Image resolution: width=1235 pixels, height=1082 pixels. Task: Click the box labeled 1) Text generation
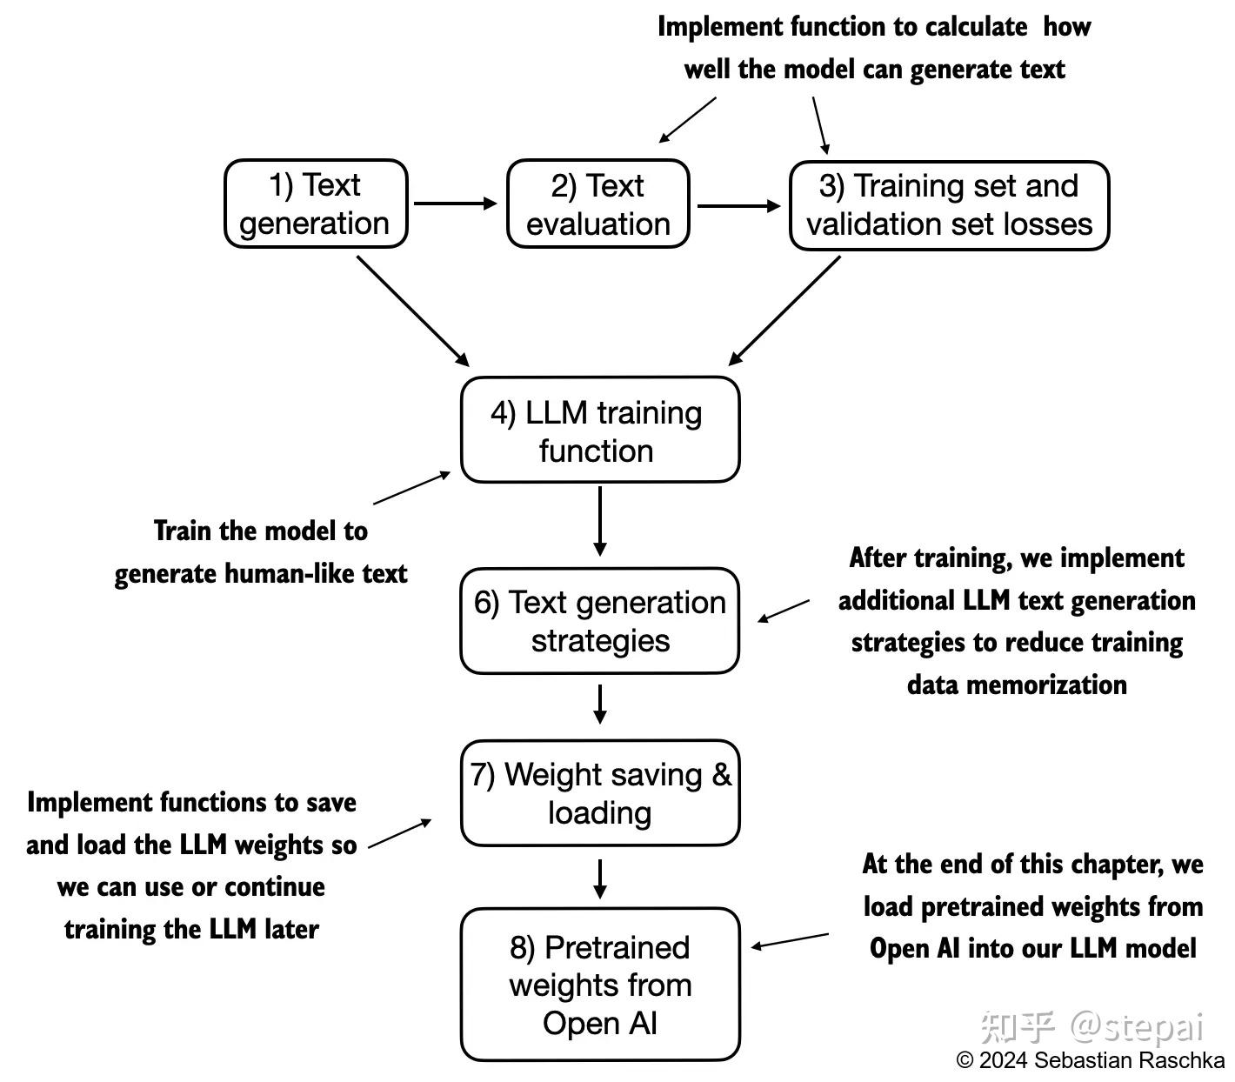pyautogui.click(x=316, y=204)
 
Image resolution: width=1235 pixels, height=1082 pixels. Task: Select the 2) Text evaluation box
pyautogui.click(x=598, y=204)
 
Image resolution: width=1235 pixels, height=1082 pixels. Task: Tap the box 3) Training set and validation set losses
pyautogui.click(x=949, y=205)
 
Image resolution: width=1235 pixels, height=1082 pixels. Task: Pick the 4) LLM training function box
pyautogui.click(x=599, y=430)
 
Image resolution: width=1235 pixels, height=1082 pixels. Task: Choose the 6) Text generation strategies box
pyautogui.click(x=599, y=621)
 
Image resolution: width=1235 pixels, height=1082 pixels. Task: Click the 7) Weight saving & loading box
pyautogui.click(x=599, y=793)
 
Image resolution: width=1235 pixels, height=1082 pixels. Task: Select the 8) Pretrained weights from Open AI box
pyautogui.click(x=599, y=985)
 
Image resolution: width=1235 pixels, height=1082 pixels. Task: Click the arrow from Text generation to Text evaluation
pyautogui.click(x=455, y=204)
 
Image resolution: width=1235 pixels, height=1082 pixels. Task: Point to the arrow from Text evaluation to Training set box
pyautogui.click(x=739, y=206)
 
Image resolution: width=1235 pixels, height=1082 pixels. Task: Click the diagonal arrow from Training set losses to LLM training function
pyautogui.click(x=784, y=311)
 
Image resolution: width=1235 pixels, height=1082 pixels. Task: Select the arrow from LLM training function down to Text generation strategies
pyautogui.click(x=599, y=520)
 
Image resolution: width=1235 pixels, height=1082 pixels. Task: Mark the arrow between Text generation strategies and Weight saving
pyautogui.click(x=599, y=704)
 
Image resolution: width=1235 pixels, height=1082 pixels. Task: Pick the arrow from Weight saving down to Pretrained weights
pyautogui.click(x=599, y=878)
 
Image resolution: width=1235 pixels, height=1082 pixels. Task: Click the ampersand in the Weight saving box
pyautogui.click(x=722, y=774)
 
